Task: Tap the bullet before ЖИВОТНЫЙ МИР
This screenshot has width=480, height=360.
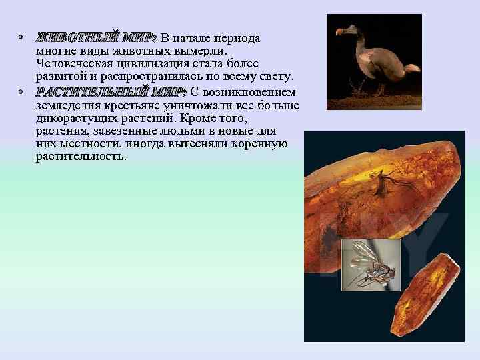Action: point(22,38)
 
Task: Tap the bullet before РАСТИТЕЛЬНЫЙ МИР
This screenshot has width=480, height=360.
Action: point(22,91)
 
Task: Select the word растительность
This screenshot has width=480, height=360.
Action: point(80,157)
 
